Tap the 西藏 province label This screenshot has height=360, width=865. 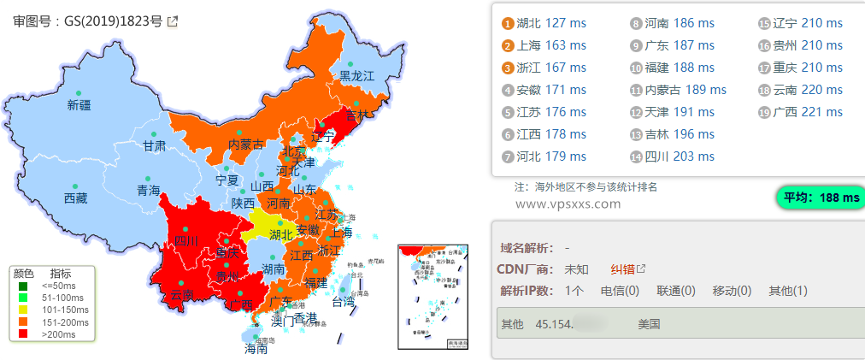click(75, 198)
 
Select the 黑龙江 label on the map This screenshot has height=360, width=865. click(357, 76)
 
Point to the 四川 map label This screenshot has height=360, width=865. click(186, 241)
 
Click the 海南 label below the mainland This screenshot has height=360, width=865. click(256, 349)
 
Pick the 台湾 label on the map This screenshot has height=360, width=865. click(343, 302)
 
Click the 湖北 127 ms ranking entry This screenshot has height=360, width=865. click(551, 23)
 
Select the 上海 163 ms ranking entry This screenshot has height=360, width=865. click(551, 45)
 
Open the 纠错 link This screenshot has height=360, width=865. click(623, 269)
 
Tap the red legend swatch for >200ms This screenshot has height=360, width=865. click(24, 334)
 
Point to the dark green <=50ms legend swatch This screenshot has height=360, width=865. click(24, 286)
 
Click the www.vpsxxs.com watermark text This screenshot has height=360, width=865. click(568, 204)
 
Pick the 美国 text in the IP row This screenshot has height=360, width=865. click(649, 325)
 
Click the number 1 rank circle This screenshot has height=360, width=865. click(508, 23)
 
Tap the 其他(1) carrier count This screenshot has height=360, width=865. click(787, 291)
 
